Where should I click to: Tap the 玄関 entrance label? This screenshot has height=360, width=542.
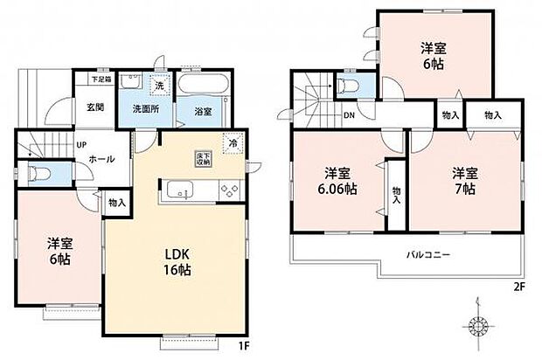click(x=95, y=107)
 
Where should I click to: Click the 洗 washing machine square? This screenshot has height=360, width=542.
click(x=159, y=86)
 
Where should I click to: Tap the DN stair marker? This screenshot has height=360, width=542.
click(x=348, y=115)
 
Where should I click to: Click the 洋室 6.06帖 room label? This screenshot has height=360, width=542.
click(x=337, y=181)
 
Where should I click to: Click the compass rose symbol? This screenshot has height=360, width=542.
click(x=477, y=326)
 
